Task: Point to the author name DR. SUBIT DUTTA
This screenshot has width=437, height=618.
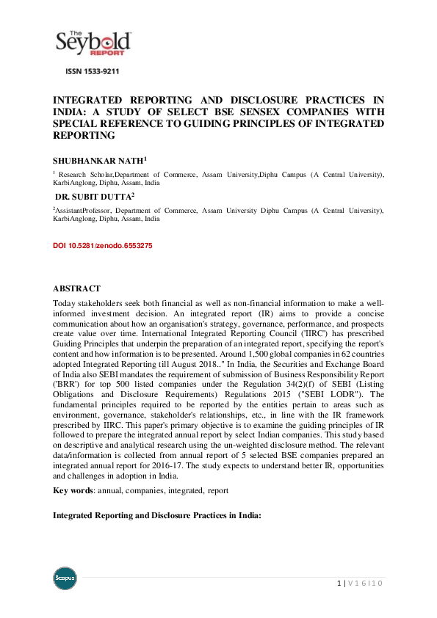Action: [93, 197]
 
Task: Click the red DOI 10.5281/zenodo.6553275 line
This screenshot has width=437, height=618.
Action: [103, 245]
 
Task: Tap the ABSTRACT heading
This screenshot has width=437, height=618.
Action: [76, 288]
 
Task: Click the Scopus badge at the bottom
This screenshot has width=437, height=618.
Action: [65, 578]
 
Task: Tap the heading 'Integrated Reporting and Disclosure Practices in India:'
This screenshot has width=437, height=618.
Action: [157, 515]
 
